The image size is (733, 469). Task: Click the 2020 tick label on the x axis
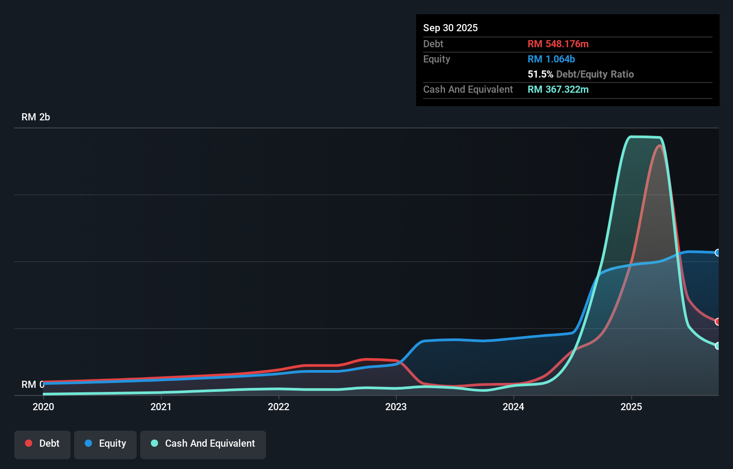click(x=43, y=407)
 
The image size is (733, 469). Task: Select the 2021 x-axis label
click(x=161, y=407)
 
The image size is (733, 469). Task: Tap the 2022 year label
click(x=279, y=407)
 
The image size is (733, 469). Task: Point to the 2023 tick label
click(x=396, y=407)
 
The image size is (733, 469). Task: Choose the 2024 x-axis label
click(x=513, y=407)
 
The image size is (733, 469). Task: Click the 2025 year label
click(x=631, y=407)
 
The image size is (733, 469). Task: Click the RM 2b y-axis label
click(x=36, y=117)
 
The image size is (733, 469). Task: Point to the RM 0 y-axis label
click(x=33, y=384)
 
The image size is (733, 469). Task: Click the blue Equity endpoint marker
click(x=718, y=253)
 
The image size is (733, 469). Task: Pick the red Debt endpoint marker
click(x=718, y=321)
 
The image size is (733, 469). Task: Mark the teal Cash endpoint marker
click(x=718, y=346)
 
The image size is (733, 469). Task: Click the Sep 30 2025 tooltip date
click(x=450, y=28)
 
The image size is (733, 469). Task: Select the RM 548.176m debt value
click(x=558, y=44)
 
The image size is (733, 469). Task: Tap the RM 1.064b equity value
click(x=551, y=59)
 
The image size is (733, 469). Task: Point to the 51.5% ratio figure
click(x=540, y=74)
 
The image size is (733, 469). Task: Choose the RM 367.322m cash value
click(x=558, y=90)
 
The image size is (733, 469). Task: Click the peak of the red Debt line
click(x=659, y=145)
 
